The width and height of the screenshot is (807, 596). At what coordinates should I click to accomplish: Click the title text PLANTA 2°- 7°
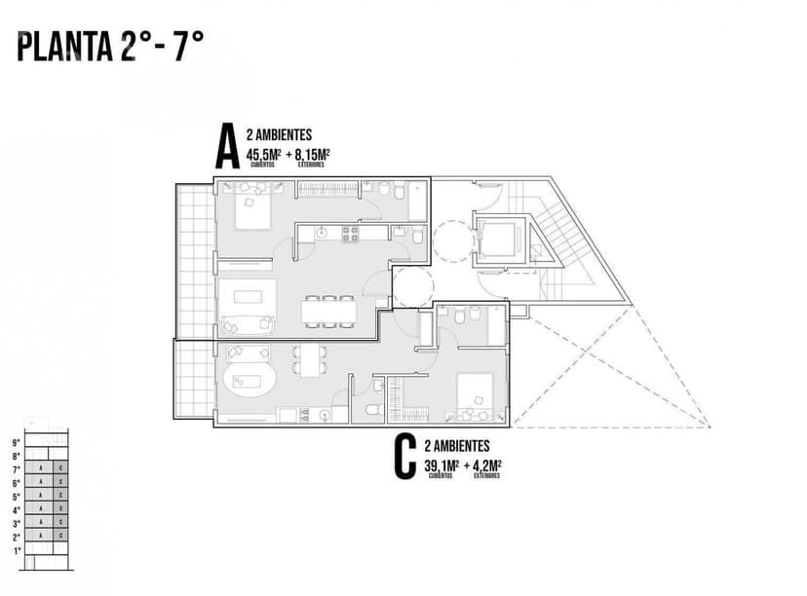[x=110, y=47]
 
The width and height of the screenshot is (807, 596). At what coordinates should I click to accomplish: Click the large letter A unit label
[x=227, y=150]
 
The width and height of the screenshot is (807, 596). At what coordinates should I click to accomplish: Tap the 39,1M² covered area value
[x=441, y=466]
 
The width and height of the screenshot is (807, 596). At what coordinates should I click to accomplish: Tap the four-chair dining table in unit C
[x=310, y=360]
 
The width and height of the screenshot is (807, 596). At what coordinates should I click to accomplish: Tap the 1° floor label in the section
[x=16, y=550]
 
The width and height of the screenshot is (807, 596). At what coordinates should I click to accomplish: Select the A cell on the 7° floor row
[x=41, y=468]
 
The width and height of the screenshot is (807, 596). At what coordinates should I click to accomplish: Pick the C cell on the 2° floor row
[x=60, y=537]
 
